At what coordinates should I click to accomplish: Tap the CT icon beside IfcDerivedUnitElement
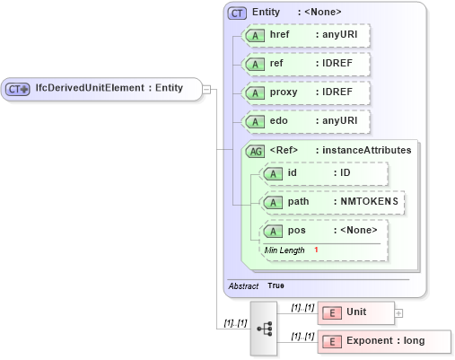pyautogui.click(x=19, y=89)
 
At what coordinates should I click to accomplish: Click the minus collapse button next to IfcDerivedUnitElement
pyautogui.click(x=206, y=89)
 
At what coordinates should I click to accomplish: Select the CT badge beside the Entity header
pyautogui.click(x=238, y=13)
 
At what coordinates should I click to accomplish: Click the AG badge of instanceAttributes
pyautogui.click(x=256, y=151)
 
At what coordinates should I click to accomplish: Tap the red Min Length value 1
pyautogui.click(x=316, y=249)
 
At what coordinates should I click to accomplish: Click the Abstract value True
pyautogui.click(x=276, y=285)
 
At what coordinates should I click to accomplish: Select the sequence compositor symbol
pyautogui.click(x=265, y=329)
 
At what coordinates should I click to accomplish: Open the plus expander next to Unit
pyautogui.click(x=398, y=312)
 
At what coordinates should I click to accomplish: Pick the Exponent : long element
pyautogui.click(x=384, y=342)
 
